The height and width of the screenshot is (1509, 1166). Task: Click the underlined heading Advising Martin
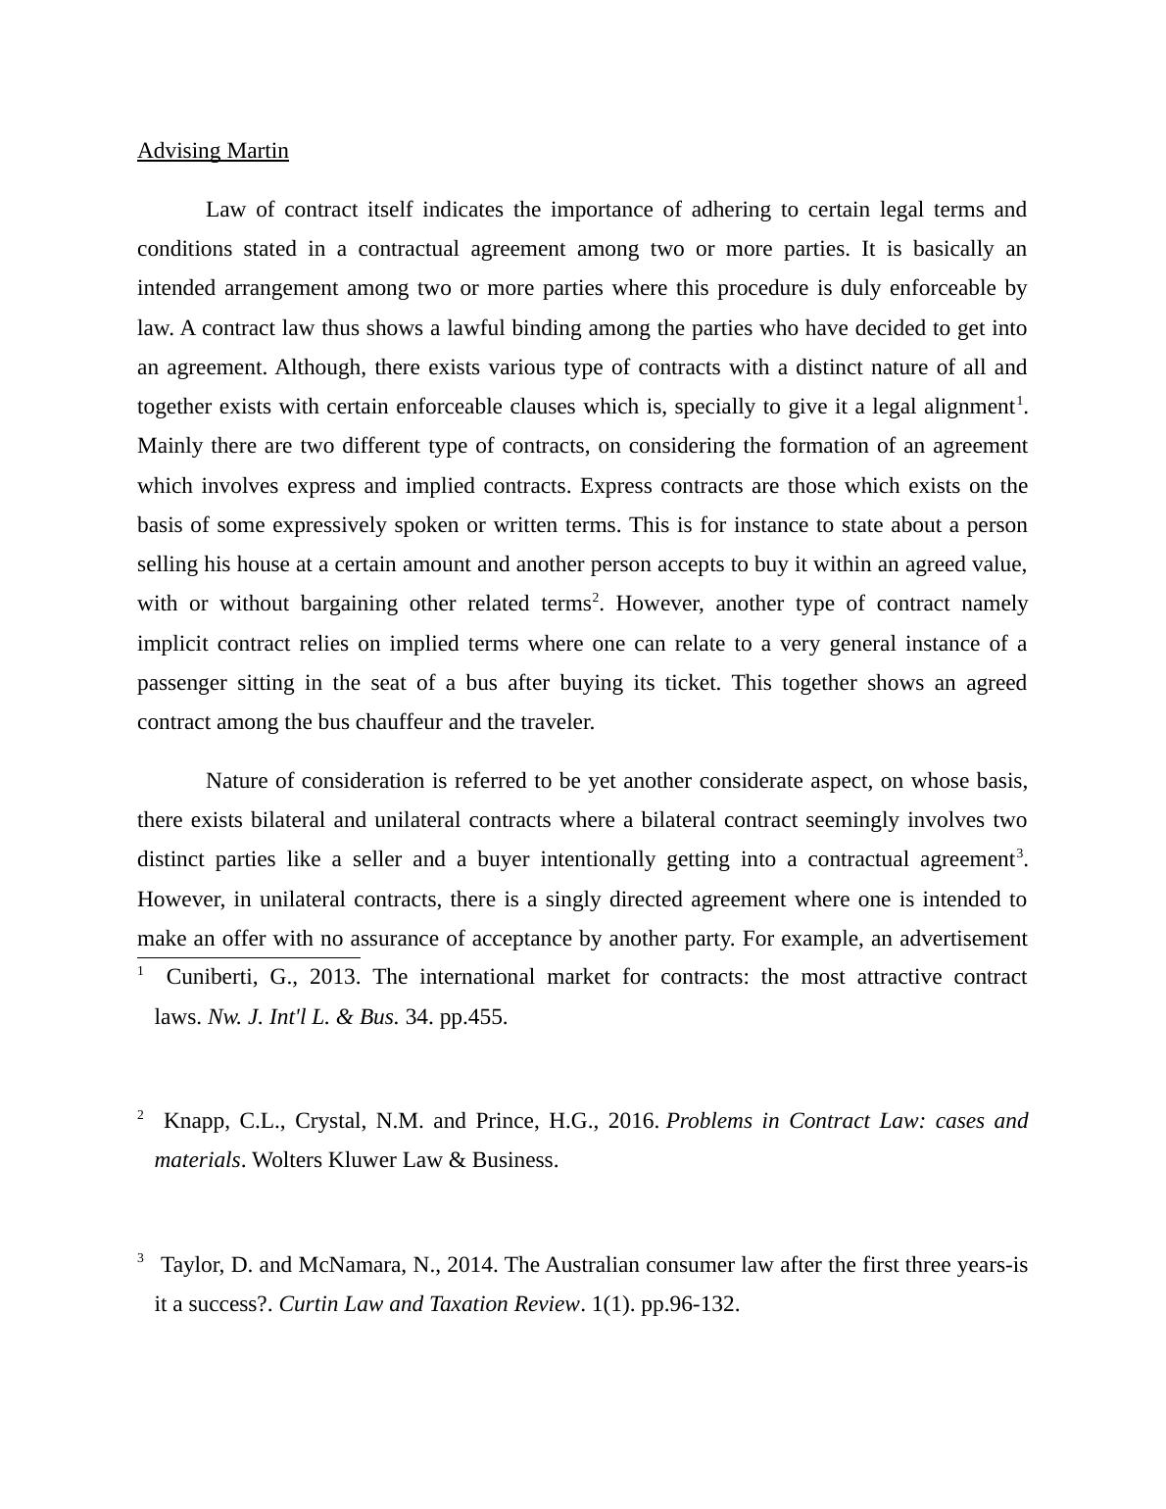coord(213,151)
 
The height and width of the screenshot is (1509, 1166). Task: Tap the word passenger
coord(181,683)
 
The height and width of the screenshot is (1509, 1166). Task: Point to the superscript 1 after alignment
coord(1019,401)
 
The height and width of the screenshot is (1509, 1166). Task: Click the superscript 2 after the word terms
coord(595,598)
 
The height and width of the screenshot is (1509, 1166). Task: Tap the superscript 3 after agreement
coord(1019,853)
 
